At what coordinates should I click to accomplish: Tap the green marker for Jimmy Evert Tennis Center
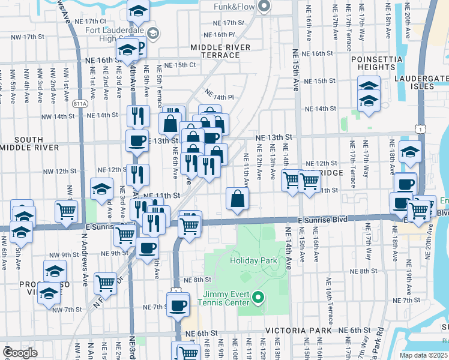tap(258, 297)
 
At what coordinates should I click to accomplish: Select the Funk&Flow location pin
tap(265, 7)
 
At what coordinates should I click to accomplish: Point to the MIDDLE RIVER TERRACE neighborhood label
tap(215, 51)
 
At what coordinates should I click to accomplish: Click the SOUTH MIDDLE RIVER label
tap(29, 143)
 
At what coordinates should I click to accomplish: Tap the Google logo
tap(20, 352)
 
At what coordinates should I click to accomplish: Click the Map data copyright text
tap(424, 355)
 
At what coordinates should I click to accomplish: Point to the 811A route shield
tap(80, 103)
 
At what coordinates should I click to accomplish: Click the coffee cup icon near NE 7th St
tap(178, 305)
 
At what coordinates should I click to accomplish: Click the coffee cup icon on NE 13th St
tap(137, 140)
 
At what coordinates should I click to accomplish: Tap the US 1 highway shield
tap(424, 129)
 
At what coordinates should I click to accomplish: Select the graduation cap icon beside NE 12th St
tap(101, 188)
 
